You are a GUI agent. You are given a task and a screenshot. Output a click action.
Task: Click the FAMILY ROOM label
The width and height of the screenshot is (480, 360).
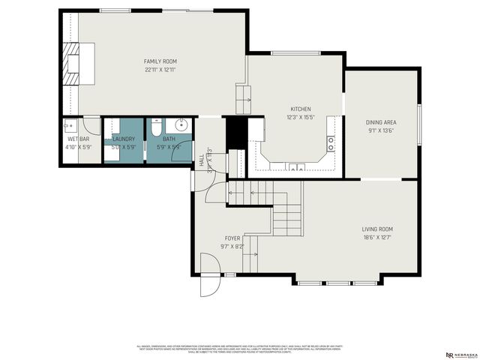(160, 61)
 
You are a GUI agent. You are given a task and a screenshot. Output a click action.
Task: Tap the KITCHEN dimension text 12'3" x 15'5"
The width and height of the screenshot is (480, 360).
(301, 117)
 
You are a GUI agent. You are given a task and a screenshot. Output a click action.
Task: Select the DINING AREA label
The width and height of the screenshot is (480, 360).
(381, 122)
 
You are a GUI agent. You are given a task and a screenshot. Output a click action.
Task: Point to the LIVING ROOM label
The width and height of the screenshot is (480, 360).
(377, 229)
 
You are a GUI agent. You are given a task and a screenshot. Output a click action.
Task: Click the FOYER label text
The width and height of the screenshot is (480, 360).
(232, 238)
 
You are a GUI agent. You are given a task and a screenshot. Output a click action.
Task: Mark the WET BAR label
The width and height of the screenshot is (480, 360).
(78, 139)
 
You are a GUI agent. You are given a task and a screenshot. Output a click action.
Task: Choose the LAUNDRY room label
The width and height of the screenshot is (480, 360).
(123, 139)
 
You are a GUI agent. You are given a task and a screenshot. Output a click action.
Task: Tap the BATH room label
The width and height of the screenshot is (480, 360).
(169, 139)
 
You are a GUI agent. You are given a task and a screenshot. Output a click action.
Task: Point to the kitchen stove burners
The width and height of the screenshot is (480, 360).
(330, 140)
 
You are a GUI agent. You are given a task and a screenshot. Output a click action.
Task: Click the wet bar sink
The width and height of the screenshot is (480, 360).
(68, 126)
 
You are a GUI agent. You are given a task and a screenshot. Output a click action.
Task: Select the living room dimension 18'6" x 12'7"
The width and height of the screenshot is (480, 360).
(377, 238)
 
